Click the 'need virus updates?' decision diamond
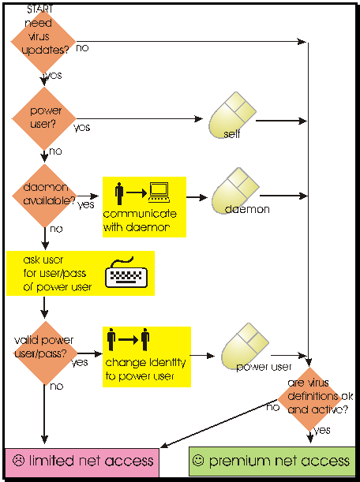[x=43, y=41]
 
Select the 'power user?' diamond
[x=43, y=118]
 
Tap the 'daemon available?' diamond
[x=44, y=196]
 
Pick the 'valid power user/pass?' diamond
[x=45, y=353]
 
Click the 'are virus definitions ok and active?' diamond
[x=309, y=399]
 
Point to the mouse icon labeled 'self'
[x=232, y=115]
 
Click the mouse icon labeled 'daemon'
[x=235, y=191]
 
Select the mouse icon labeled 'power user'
[x=246, y=346]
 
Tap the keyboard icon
[x=126, y=272]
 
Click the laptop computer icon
[x=159, y=192]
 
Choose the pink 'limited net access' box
[x=82, y=462]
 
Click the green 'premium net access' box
[x=272, y=461]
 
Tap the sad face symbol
[x=18, y=460]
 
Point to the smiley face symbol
[x=198, y=460]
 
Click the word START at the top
[x=40, y=9]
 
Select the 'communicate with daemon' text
[x=140, y=221]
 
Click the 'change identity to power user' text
[x=145, y=369]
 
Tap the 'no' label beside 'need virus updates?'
[x=82, y=47]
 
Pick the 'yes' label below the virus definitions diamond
[x=322, y=430]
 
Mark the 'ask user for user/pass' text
[x=54, y=267]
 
